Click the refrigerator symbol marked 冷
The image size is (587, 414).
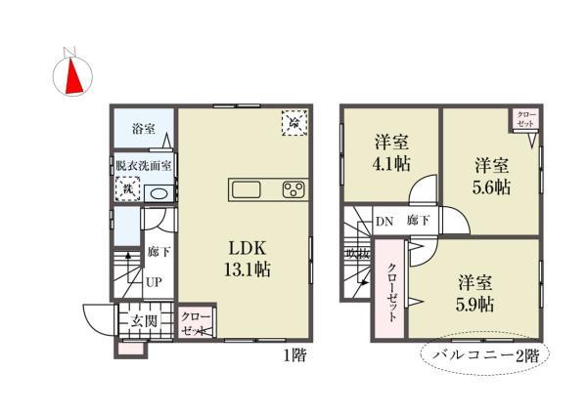point(293,123)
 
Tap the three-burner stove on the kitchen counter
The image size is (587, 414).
point(293,188)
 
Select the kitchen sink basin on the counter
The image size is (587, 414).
point(246,188)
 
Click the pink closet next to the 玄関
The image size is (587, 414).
point(193,323)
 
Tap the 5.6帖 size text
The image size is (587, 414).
point(491,186)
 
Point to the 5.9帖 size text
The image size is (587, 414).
point(475,304)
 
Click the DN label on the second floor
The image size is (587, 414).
point(385,220)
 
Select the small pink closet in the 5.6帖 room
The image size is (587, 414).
point(525,120)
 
